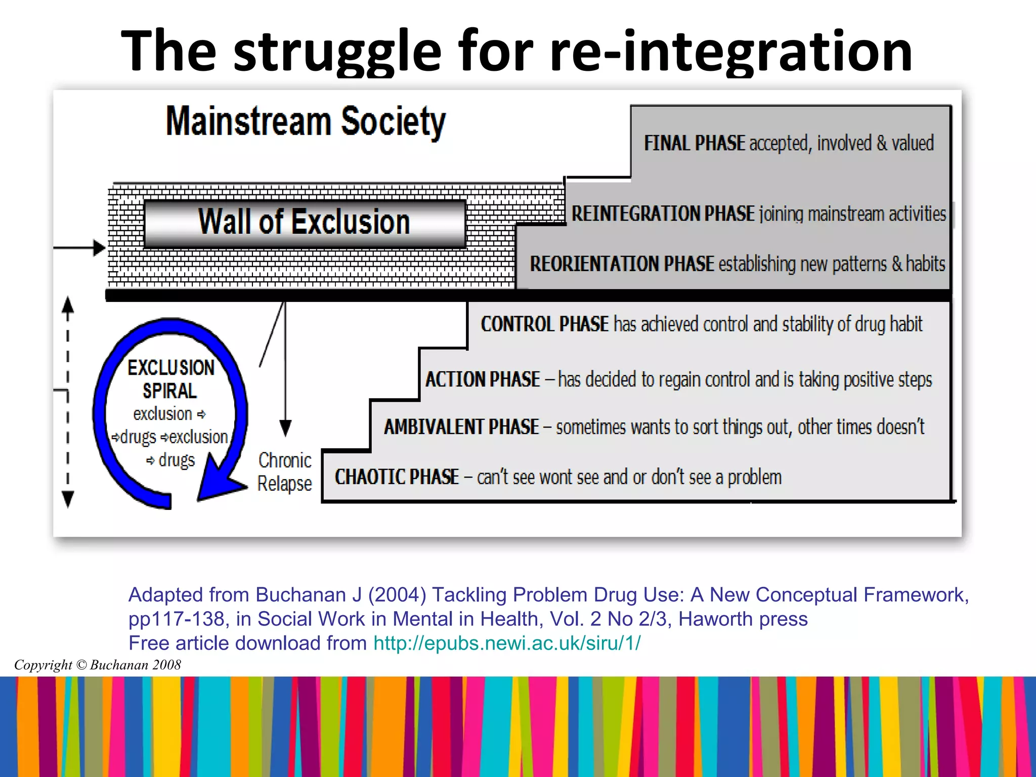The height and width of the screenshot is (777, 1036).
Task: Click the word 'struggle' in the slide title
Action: click(x=337, y=52)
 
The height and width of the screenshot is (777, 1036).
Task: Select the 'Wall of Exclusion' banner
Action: click(x=304, y=223)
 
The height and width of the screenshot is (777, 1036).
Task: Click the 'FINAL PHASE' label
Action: click(x=694, y=143)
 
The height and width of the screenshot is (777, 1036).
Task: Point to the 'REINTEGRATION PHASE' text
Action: click(x=663, y=213)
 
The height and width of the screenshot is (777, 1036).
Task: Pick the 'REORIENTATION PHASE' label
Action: click(x=622, y=264)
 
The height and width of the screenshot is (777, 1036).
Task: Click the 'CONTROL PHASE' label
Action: click(x=544, y=324)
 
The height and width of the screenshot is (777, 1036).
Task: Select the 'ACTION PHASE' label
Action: click(x=483, y=379)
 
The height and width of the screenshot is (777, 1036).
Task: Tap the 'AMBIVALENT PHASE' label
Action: click(x=461, y=427)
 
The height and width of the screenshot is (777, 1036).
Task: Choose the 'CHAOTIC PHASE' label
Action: click(x=397, y=477)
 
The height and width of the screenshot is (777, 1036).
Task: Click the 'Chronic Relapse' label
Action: click(x=284, y=472)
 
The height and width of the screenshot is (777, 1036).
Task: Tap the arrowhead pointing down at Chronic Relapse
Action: click(x=285, y=428)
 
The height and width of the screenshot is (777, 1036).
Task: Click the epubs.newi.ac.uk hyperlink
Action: click(x=507, y=643)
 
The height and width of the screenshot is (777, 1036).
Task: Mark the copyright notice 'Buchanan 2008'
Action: click(x=97, y=665)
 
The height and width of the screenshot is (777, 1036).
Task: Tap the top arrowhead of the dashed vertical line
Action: click(x=68, y=306)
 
